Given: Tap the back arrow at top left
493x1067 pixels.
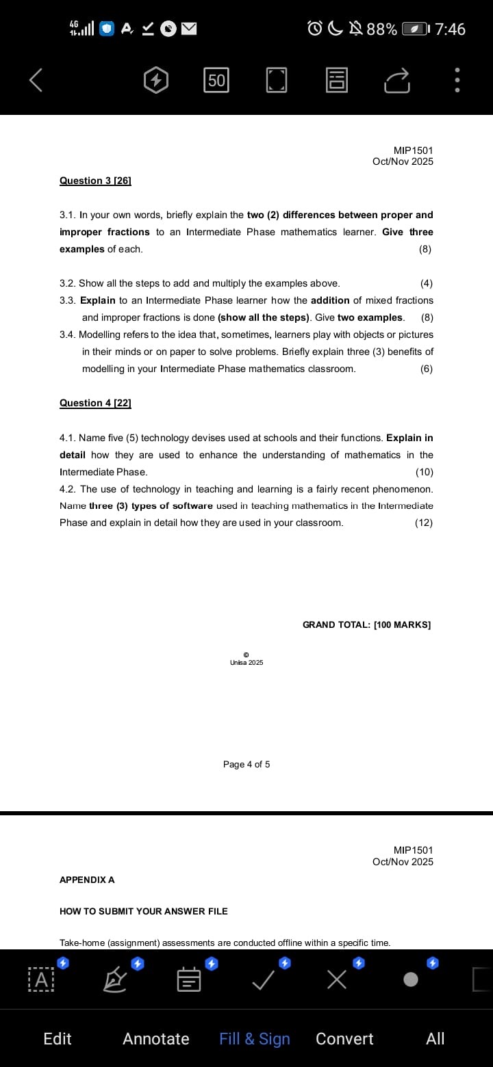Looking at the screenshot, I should coord(36,81).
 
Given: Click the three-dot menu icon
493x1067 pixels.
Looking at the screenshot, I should coord(457,81).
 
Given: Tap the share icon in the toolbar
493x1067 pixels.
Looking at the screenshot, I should coord(396,81).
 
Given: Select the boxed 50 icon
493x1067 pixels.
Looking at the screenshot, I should coord(216,81).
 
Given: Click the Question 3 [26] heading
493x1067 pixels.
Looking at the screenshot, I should coord(95,181).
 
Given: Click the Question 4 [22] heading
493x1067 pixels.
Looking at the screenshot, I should coord(95,403).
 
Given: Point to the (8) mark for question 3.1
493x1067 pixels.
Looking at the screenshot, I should coord(425,249).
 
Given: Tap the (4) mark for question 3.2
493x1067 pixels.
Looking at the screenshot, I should coord(426,283).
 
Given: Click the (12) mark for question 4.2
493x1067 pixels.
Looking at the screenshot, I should coord(424,523).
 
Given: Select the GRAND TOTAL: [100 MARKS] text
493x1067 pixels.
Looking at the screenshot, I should coord(366,624).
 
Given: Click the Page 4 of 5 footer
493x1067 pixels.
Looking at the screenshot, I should coord(246,764).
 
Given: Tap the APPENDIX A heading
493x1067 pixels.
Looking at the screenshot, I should coord(87,880).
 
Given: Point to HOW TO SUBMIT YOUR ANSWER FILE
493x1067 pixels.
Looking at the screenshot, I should coord(144,911).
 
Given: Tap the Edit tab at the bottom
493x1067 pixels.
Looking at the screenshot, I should coord(58,1039).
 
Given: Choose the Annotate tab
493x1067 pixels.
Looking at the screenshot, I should coord(156,1039).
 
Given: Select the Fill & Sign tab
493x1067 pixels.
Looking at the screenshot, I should coord(255,1039).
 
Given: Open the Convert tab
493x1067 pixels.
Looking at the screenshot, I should coord(344,1039).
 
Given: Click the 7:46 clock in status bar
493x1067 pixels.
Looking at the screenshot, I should coord(450,29).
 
